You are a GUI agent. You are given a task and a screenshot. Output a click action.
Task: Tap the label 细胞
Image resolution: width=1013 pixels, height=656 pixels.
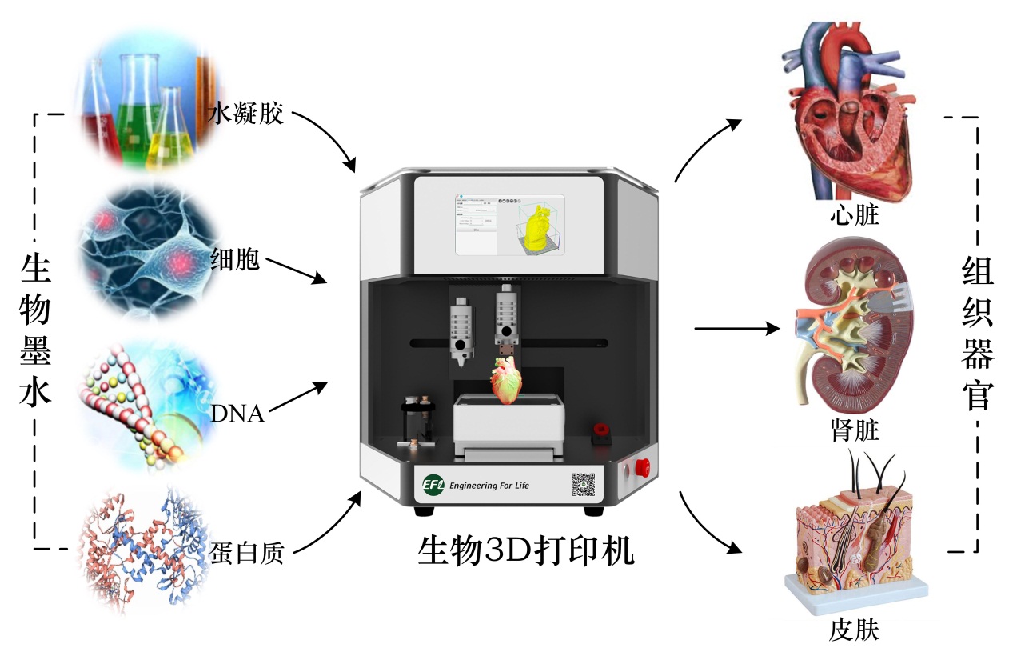[x=235, y=258]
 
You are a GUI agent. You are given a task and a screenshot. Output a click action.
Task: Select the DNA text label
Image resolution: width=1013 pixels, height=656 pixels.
[x=237, y=414]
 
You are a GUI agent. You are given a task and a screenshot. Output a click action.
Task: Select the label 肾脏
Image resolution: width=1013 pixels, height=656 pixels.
[x=855, y=431]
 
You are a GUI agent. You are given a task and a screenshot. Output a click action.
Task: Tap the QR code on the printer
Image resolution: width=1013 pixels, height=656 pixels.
[x=584, y=485]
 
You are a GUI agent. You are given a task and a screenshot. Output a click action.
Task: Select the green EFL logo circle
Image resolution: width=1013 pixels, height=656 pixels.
[x=433, y=486]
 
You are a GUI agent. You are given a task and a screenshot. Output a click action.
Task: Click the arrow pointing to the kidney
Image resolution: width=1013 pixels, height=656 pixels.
[x=736, y=328]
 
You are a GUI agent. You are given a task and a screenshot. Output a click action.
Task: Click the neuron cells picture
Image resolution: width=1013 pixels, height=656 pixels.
[x=148, y=252]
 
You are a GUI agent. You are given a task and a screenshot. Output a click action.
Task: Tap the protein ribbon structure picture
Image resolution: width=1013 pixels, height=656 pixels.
[x=144, y=552]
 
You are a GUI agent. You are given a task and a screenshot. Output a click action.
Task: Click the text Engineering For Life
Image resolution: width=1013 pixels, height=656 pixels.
[x=489, y=486]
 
